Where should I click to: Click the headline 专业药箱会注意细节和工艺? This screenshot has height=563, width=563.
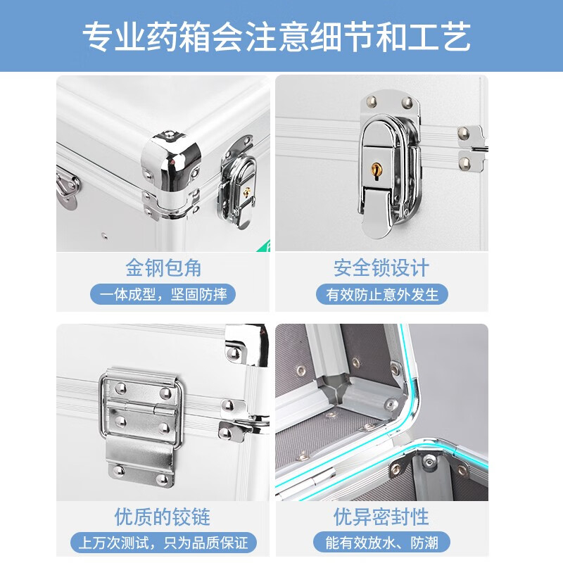click(x=277, y=37)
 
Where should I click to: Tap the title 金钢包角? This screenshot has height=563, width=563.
click(x=163, y=268)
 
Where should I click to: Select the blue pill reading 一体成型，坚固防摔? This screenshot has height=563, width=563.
click(x=163, y=294)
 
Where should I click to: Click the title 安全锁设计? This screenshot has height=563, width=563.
click(x=381, y=268)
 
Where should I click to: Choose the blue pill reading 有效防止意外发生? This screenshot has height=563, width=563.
click(x=382, y=294)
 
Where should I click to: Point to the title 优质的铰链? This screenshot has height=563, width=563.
click(x=163, y=517)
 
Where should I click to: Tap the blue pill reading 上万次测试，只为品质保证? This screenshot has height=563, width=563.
click(x=163, y=543)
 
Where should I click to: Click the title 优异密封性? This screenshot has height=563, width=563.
click(x=381, y=517)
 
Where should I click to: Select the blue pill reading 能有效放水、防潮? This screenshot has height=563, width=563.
click(x=381, y=543)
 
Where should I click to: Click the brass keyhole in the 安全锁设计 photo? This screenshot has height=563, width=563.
click(x=377, y=169)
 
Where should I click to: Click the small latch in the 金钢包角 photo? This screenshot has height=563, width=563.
click(x=238, y=183)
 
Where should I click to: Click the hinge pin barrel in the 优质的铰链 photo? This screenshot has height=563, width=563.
click(x=141, y=408)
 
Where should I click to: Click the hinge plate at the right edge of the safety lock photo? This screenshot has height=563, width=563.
click(x=471, y=148)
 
